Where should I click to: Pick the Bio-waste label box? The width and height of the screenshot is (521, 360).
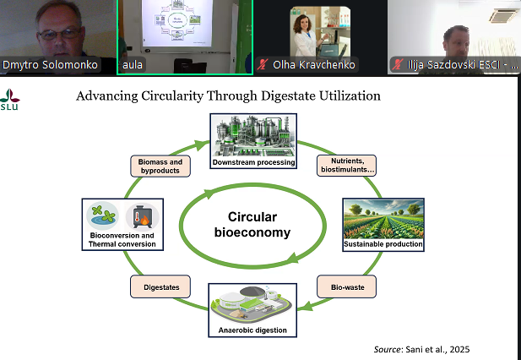(x=346, y=287)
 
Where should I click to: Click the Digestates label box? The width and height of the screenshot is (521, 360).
(x=158, y=287)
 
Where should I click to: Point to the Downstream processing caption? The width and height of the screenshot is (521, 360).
(x=253, y=161)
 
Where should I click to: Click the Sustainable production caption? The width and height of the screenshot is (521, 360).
(x=383, y=244)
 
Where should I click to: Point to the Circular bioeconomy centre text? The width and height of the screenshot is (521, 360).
(x=254, y=224)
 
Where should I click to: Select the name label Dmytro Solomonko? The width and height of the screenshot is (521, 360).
(x=50, y=65)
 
